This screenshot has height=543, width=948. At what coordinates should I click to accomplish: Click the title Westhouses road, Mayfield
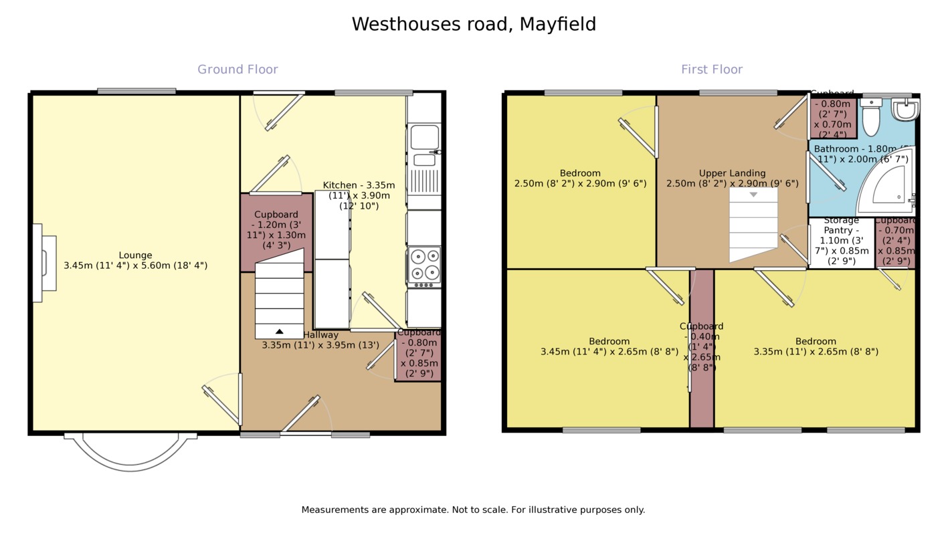click(x=474, y=25)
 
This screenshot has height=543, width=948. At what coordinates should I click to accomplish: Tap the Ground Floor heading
click(x=238, y=70)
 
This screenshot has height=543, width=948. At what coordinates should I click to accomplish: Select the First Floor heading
click(x=712, y=70)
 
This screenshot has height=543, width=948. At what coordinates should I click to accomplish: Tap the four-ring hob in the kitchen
click(x=425, y=264)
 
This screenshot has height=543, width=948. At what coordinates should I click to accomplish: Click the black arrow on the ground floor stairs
click(x=279, y=331)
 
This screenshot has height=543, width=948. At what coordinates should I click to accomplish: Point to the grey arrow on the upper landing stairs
click(x=753, y=195)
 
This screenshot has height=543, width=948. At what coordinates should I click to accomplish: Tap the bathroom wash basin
click(x=905, y=109)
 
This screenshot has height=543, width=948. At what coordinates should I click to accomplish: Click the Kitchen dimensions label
click(x=359, y=195)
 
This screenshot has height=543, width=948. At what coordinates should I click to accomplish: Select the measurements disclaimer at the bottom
click(x=473, y=510)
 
